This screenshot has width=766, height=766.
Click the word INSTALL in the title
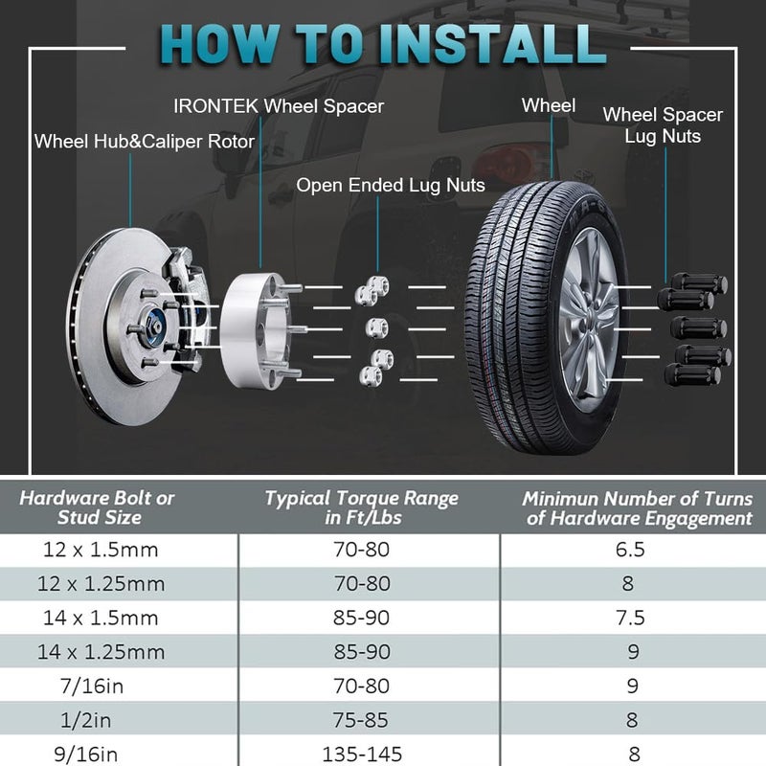492,44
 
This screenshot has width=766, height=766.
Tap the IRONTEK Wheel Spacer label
279,106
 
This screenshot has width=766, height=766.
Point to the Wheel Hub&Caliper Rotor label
145,142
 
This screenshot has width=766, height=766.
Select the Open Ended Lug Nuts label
391,185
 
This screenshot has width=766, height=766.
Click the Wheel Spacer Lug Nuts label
663,125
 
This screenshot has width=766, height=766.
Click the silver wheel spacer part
254,330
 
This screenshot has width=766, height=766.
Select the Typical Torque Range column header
362,507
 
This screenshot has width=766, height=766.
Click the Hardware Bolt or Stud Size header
97,507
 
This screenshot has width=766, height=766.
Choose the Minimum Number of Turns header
638,508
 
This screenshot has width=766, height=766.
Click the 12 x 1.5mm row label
101,550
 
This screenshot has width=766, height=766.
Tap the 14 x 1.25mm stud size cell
101,652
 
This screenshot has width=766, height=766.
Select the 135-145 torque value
362,755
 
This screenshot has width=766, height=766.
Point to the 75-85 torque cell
362,720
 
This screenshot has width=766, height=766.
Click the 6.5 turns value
630,550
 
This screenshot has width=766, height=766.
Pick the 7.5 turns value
630,618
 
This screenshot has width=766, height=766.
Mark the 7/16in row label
92,687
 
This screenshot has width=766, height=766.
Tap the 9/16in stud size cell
86,755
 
